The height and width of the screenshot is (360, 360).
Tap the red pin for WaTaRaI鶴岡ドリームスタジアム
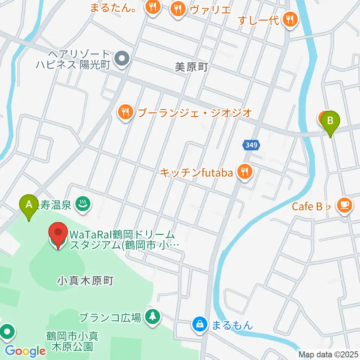point(58,235)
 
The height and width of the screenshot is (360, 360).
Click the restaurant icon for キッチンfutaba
point(245,172)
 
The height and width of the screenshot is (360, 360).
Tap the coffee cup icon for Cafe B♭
point(345,205)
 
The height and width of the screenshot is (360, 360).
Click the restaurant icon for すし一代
point(289,19)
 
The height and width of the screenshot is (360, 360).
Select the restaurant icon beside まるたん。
point(153,7)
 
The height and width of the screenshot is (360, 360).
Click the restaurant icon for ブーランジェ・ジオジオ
point(125,112)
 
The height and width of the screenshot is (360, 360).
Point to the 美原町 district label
point(191,67)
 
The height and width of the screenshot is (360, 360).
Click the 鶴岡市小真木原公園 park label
point(72,340)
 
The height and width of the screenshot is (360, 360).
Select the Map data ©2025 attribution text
point(328,354)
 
